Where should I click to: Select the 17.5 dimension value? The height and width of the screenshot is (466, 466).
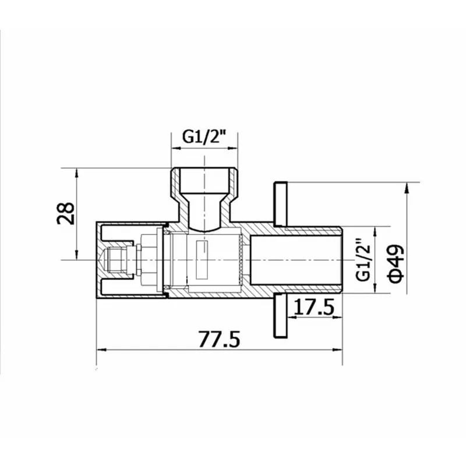click(315, 307)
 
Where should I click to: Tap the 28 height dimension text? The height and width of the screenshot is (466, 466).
click(66, 213)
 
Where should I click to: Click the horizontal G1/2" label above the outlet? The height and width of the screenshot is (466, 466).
click(204, 137)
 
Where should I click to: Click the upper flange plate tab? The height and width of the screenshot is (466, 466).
click(281, 204)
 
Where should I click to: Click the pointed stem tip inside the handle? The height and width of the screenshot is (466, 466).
click(105, 259)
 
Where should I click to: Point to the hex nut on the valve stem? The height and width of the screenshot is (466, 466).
click(149, 259)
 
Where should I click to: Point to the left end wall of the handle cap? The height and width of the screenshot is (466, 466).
click(98, 259)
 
